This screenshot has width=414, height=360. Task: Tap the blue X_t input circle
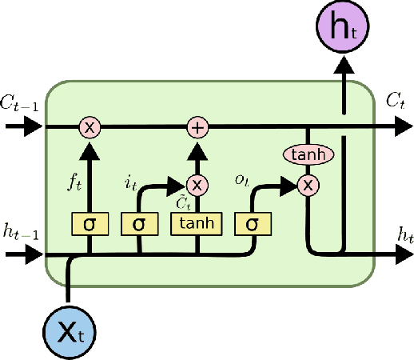[x=69, y=330]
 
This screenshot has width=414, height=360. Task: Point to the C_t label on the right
[x=395, y=101]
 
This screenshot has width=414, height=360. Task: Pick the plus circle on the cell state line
[x=197, y=126]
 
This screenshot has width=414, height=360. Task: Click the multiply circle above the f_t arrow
[x=90, y=126]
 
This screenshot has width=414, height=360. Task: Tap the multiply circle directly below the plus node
[x=197, y=184]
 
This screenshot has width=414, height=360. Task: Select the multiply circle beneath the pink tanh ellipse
[x=308, y=185]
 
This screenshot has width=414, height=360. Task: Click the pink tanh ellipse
[x=308, y=154]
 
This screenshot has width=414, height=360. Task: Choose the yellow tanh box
[x=197, y=224]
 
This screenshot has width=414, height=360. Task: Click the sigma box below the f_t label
[x=90, y=224]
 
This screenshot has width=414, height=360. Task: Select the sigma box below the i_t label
[x=139, y=224]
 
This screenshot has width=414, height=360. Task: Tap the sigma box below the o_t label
[x=253, y=224]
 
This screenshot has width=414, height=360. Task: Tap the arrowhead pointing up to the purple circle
[x=344, y=69]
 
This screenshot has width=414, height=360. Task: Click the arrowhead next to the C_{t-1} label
[x=34, y=126]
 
